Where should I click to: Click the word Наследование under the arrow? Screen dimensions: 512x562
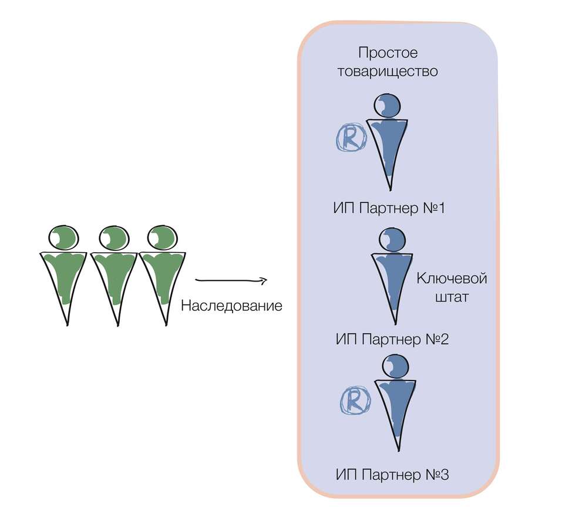(231, 306)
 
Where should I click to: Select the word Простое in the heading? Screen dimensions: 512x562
(388, 53)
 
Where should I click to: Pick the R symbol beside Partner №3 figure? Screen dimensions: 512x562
(355, 401)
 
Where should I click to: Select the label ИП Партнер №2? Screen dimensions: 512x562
(392, 339)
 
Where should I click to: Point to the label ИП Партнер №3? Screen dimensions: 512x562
(392, 474)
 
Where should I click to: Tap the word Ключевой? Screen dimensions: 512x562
(452, 277)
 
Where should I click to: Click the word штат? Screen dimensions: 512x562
(452, 297)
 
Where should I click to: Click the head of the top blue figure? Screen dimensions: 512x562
(388, 106)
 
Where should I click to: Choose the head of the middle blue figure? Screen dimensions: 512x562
(393, 240)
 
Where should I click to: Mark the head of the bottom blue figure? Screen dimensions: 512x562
(396, 367)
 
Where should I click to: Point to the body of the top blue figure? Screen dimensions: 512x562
(388, 147)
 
